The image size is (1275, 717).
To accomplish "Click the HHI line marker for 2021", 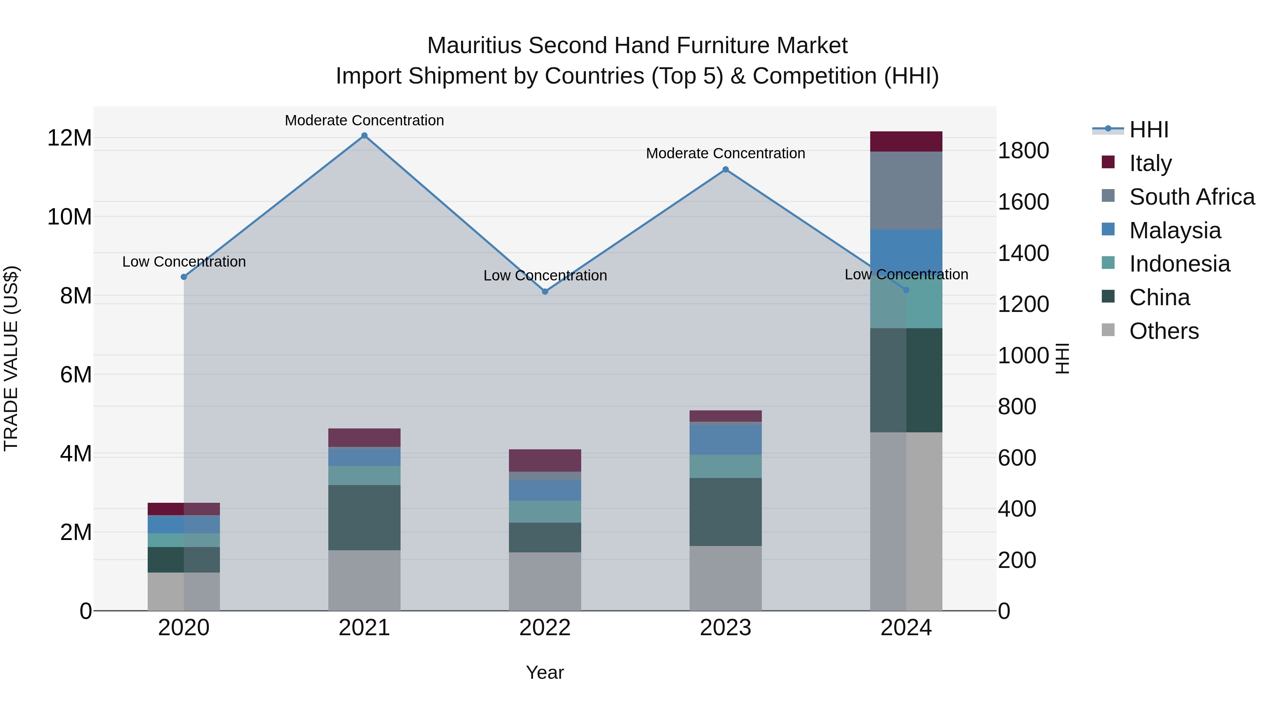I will tap(364, 136).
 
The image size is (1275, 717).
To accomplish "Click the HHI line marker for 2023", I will tap(726, 170).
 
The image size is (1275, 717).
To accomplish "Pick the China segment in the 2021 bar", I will tap(364, 518).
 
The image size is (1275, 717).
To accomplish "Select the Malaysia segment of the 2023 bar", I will tap(726, 440).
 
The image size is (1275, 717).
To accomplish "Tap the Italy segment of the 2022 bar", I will tap(545, 460).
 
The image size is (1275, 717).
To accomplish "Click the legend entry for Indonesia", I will tap(1179, 264).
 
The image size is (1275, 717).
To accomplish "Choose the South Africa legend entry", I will tap(1192, 197).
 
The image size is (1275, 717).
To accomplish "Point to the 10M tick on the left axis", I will tap(69, 217).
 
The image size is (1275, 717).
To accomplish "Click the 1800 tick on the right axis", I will tap(1022, 150).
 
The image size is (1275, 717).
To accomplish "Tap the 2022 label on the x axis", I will tap(545, 628).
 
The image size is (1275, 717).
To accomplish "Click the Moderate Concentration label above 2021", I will tap(364, 120).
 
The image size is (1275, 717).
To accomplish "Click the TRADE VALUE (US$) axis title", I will tap(11, 358).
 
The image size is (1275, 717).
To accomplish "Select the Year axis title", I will tap(545, 672).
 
